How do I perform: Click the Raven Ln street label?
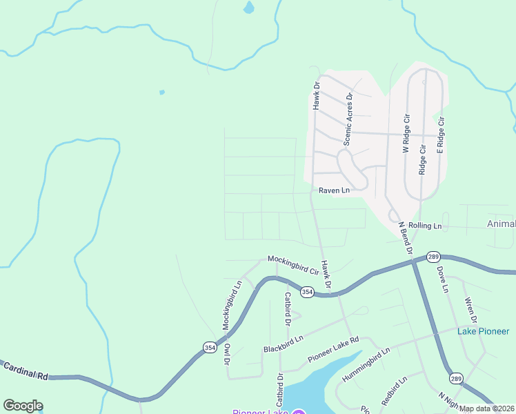coord(334,190)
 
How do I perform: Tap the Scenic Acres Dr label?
coord(348,119)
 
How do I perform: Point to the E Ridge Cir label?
coord(441,135)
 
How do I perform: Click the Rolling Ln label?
coord(424,226)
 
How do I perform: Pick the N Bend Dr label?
coord(404,238)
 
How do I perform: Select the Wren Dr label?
coord(471,310)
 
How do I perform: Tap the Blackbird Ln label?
coord(284,344)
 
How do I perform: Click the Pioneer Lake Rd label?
coord(333,351)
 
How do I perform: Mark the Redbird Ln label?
coord(394,391)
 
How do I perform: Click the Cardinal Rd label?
coord(25,371)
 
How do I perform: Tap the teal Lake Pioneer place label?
coord(484,331)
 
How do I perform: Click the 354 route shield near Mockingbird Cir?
coord(308,293)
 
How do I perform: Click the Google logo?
coord(23,406)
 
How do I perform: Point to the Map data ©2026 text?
coord(486,408)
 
